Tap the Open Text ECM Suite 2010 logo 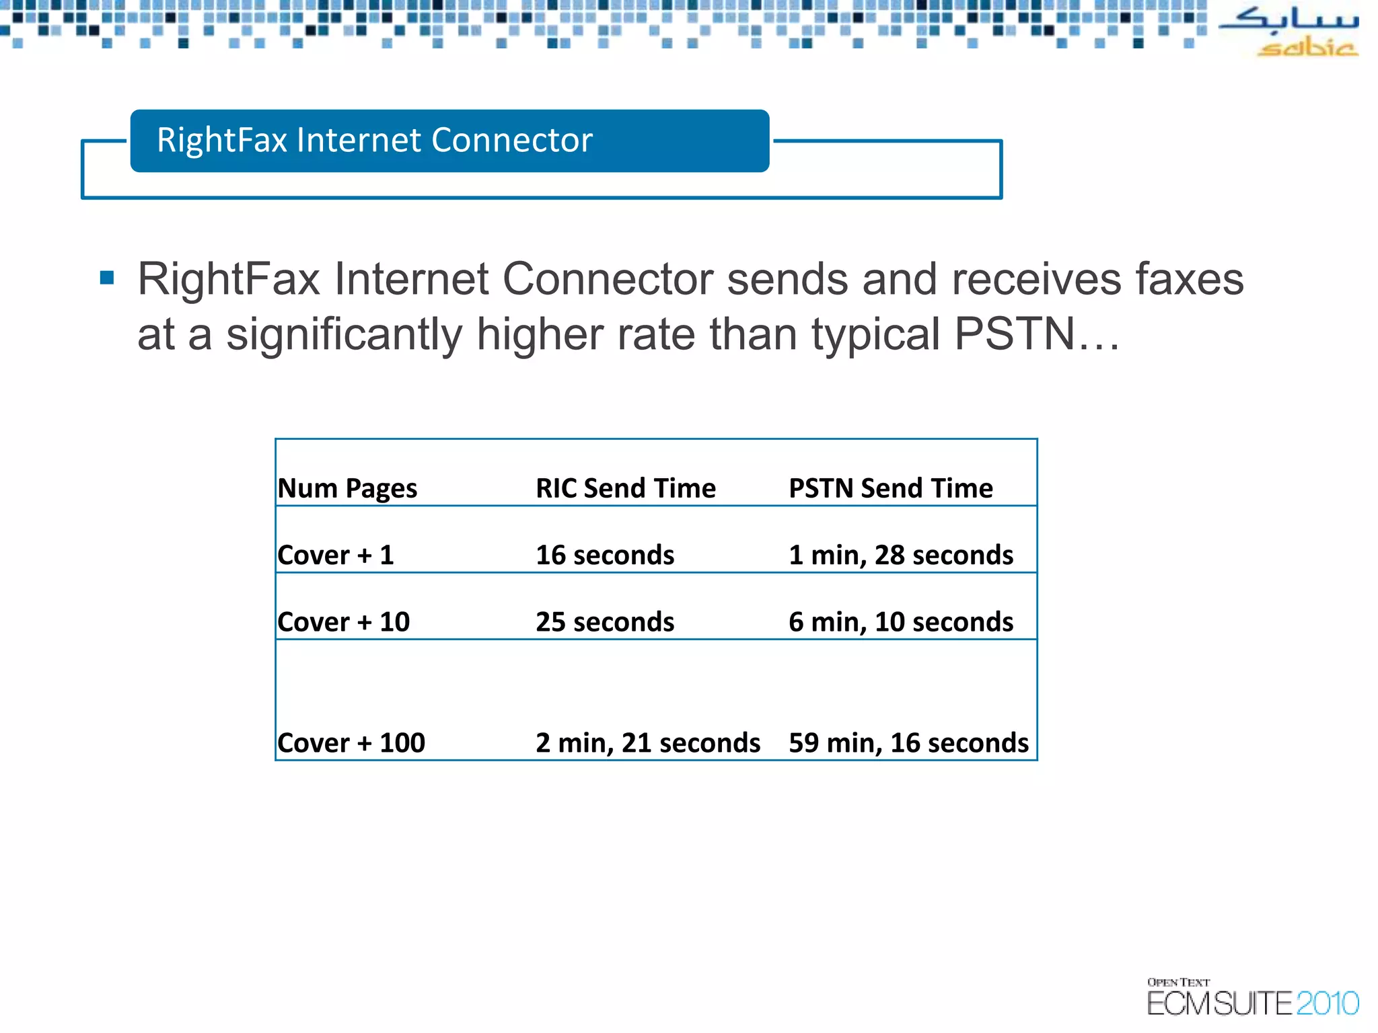click(1252, 997)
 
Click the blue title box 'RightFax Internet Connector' click(449, 141)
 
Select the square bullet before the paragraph click(107, 278)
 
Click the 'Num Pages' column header click(347, 488)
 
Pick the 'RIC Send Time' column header click(625, 488)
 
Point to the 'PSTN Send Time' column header click(890, 488)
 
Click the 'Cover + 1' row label click(336, 556)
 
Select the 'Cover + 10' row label click(343, 622)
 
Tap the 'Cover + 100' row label click(351, 743)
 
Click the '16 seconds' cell click(605, 556)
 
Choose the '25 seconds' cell click(605, 622)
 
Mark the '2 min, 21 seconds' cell click(647, 743)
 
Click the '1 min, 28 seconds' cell click(900, 556)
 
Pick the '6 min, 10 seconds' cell click(900, 622)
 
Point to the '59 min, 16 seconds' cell click(908, 743)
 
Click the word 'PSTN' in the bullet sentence click(1015, 334)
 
